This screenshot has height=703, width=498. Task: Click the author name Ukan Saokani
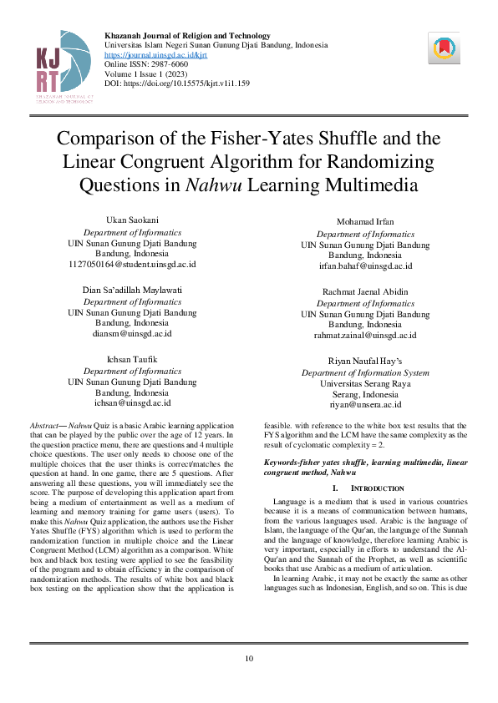coord(132,220)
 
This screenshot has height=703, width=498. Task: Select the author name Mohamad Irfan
coord(365,222)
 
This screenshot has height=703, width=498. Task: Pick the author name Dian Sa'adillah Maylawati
coord(132,289)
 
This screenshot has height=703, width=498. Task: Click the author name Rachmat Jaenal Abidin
coord(365,291)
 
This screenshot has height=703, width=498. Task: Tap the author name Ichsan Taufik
coord(132,358)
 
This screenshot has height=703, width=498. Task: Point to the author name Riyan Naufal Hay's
coord(365,361)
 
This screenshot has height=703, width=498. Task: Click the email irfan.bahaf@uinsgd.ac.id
coord(365,266)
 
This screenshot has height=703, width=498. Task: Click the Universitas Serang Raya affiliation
coord(365,383)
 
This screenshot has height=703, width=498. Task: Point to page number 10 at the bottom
coord(249,660)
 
